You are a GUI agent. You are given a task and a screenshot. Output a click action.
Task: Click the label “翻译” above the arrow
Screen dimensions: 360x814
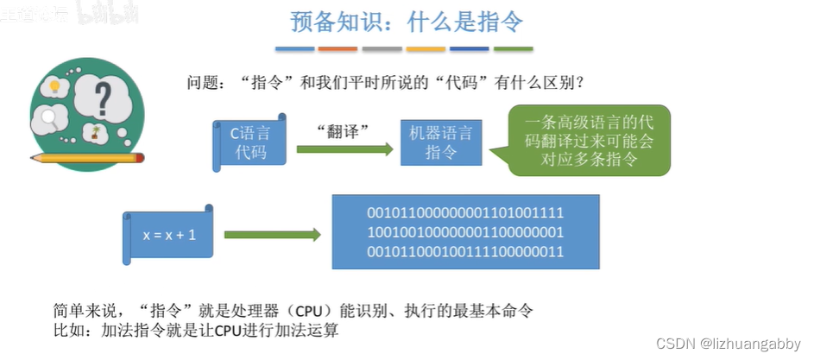click(343, 129)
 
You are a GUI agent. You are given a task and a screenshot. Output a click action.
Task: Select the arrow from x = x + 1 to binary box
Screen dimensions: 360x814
click(272, 235)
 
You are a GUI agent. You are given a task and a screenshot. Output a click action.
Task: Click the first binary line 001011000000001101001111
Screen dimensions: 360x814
click(465, 212)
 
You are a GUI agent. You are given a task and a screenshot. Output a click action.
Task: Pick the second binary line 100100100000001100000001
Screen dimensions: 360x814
click(465, 231)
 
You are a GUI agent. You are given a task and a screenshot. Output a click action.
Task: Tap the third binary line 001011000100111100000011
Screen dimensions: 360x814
click(465, 251)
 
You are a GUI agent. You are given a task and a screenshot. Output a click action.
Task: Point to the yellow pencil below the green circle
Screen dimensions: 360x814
click(87, 158)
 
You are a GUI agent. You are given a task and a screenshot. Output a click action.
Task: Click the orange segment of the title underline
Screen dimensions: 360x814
click(338, 49)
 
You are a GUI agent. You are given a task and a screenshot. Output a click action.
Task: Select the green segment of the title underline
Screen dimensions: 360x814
click(513, 49)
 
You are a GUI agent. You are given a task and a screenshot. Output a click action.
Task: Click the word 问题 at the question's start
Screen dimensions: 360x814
click(203, 84)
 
